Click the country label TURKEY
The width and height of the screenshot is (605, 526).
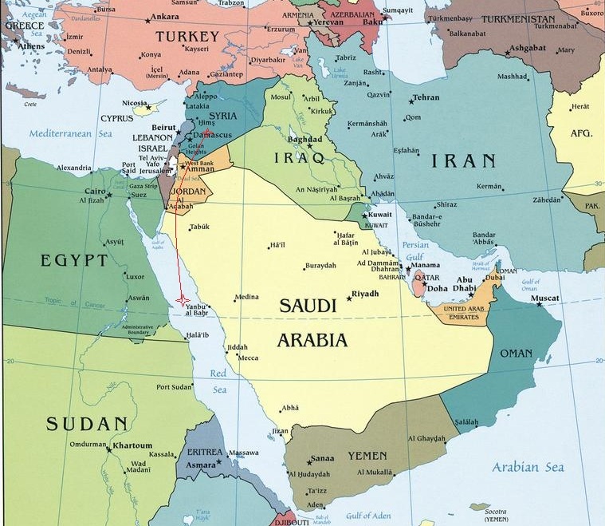coord(187,37)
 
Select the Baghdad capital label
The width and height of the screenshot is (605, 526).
coord(306,139)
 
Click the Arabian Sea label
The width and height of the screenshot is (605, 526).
coord(528,467)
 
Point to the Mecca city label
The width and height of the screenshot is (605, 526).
coord(248,358)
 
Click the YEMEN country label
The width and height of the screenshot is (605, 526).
coord(367,456)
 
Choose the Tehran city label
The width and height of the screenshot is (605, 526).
coord(426,97)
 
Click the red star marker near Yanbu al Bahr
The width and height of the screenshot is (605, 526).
coord(183,299)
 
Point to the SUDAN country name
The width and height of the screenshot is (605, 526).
coord(87,424)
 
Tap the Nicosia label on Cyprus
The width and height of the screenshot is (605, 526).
coord(135,103)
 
